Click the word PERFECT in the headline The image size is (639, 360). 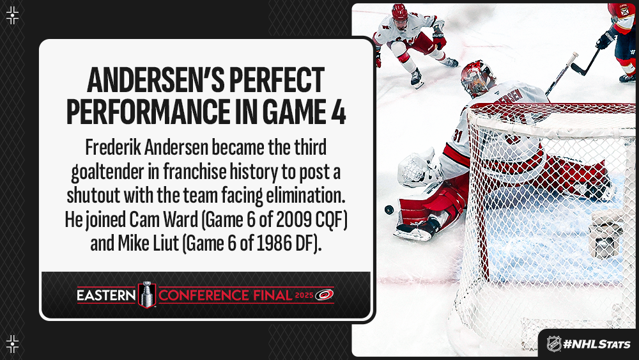point(277,80)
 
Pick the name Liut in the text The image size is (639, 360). point(164,244)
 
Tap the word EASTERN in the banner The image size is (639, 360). point(106,295)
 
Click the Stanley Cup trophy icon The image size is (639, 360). point(147,294)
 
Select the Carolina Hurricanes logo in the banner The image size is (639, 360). point(325,295)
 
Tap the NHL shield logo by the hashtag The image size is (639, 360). point(554,343)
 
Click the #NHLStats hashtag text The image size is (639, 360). point(597,344)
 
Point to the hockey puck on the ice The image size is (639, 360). point(389,210)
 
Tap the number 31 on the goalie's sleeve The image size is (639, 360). point(458,136)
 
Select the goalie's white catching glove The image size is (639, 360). point(418,168)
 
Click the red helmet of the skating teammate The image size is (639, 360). point(400,12)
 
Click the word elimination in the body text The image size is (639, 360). point(305,195)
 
